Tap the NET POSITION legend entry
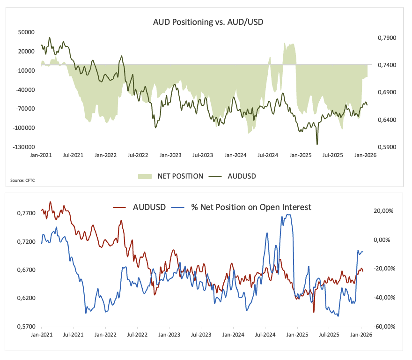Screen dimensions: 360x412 pos(171,176)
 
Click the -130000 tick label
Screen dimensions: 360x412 pos(24,147)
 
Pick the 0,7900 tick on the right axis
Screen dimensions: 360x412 pos(387,37)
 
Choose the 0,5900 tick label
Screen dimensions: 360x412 pos(387,147)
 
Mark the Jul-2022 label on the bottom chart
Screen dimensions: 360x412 pos(138,335)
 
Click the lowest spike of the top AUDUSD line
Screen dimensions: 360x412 pos(317,144)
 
